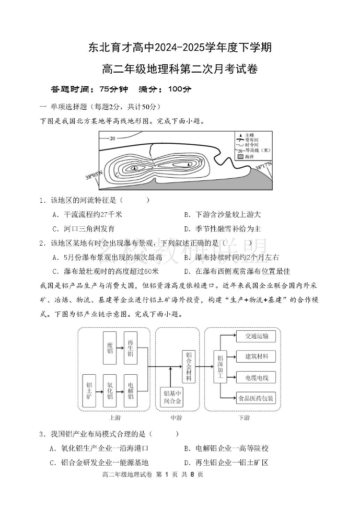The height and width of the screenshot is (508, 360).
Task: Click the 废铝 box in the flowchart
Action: [110, 348]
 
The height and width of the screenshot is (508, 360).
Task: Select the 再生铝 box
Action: [130, 348]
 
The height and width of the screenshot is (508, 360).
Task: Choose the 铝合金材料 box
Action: [189, 366]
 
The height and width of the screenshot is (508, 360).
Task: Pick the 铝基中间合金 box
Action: [172, 398]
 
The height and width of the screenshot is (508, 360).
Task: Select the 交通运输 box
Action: [256, 336]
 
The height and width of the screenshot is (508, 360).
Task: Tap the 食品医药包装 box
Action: [256, 398]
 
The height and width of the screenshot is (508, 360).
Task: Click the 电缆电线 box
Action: [256, 377]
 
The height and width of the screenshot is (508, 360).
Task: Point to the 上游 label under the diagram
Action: [115, 418]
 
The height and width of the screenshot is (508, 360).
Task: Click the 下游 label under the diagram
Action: [244, 418]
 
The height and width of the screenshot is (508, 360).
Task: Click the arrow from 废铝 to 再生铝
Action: [120, 348]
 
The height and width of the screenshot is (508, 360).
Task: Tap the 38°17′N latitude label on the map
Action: [264, 167]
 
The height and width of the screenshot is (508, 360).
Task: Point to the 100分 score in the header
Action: [180, 89]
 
